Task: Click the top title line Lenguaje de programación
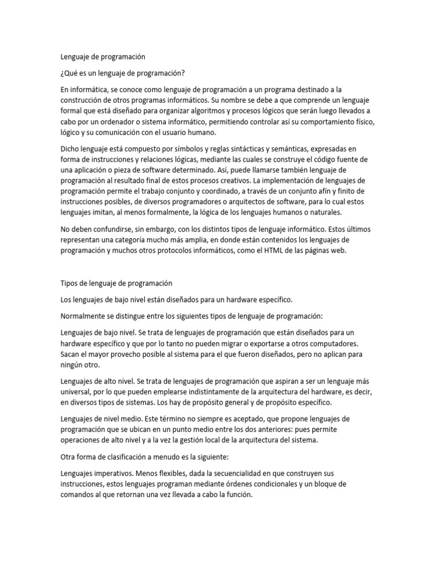click(103, 57)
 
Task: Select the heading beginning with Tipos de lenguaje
click(116, 283)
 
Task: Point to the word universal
click(78, 391)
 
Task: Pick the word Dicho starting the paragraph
click(72, 149)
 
